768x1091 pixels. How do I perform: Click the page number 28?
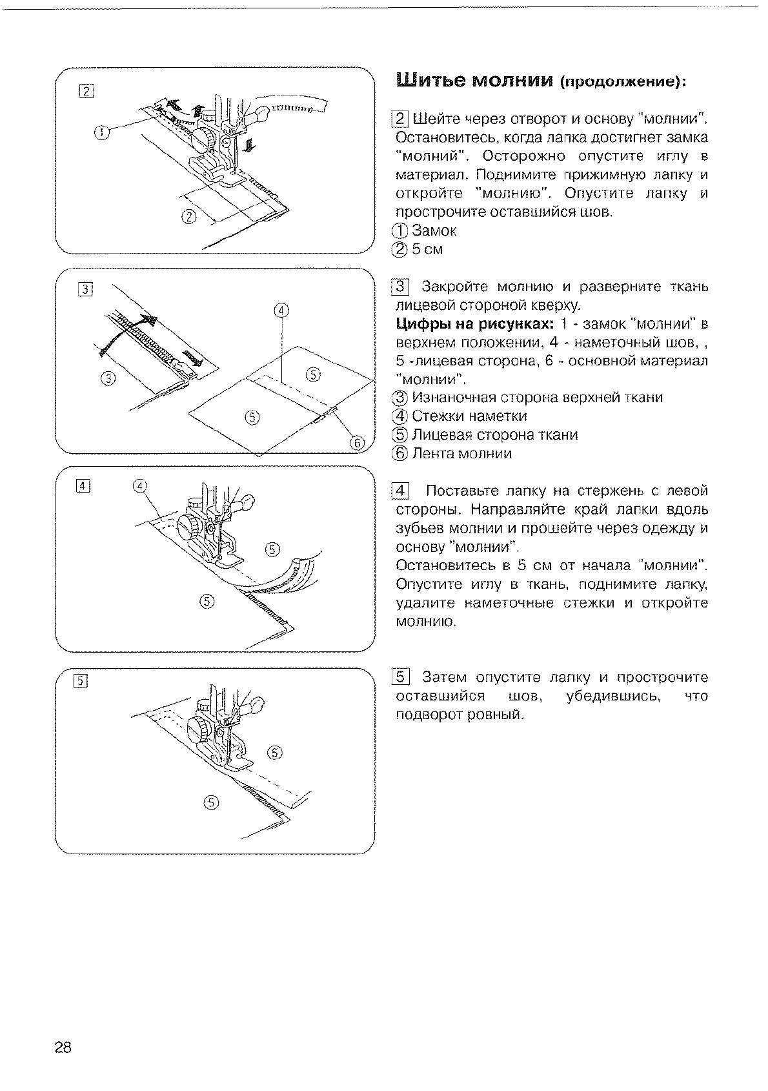click(63, 1047)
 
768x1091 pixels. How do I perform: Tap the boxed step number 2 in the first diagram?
click(86, 91)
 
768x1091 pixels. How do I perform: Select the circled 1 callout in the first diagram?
click(101, 132)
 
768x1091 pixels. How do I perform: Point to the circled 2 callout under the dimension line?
click(188, 216)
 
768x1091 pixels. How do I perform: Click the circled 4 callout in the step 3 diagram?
click(281, 311)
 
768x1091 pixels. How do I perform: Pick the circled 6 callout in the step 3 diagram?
click(357, 442)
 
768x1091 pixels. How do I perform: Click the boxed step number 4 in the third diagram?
click(83, 485)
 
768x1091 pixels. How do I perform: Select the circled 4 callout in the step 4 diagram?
click(141, 486)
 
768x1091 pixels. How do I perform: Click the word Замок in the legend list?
click(434, 231)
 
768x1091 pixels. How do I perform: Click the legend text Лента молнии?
click(461, 454)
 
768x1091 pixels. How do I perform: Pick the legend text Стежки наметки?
click(469, 416)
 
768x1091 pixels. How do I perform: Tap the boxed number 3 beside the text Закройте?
click(400, 287)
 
